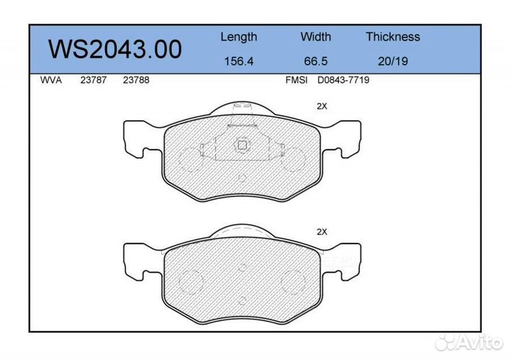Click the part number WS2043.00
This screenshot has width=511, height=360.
114,49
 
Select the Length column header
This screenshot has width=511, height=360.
238,37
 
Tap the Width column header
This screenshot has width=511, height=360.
316,37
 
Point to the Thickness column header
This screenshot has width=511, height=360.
392,37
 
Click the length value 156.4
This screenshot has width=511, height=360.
238,61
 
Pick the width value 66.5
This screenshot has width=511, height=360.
316,61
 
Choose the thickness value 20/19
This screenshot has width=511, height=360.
392,61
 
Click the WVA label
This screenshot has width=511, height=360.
51,81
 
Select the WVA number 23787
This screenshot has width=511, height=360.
94,81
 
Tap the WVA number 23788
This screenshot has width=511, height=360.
136,81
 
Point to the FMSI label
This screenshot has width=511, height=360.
295,81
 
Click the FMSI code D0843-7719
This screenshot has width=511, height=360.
343,81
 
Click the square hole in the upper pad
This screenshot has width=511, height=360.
241,146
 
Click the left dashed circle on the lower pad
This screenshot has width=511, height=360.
191,282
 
